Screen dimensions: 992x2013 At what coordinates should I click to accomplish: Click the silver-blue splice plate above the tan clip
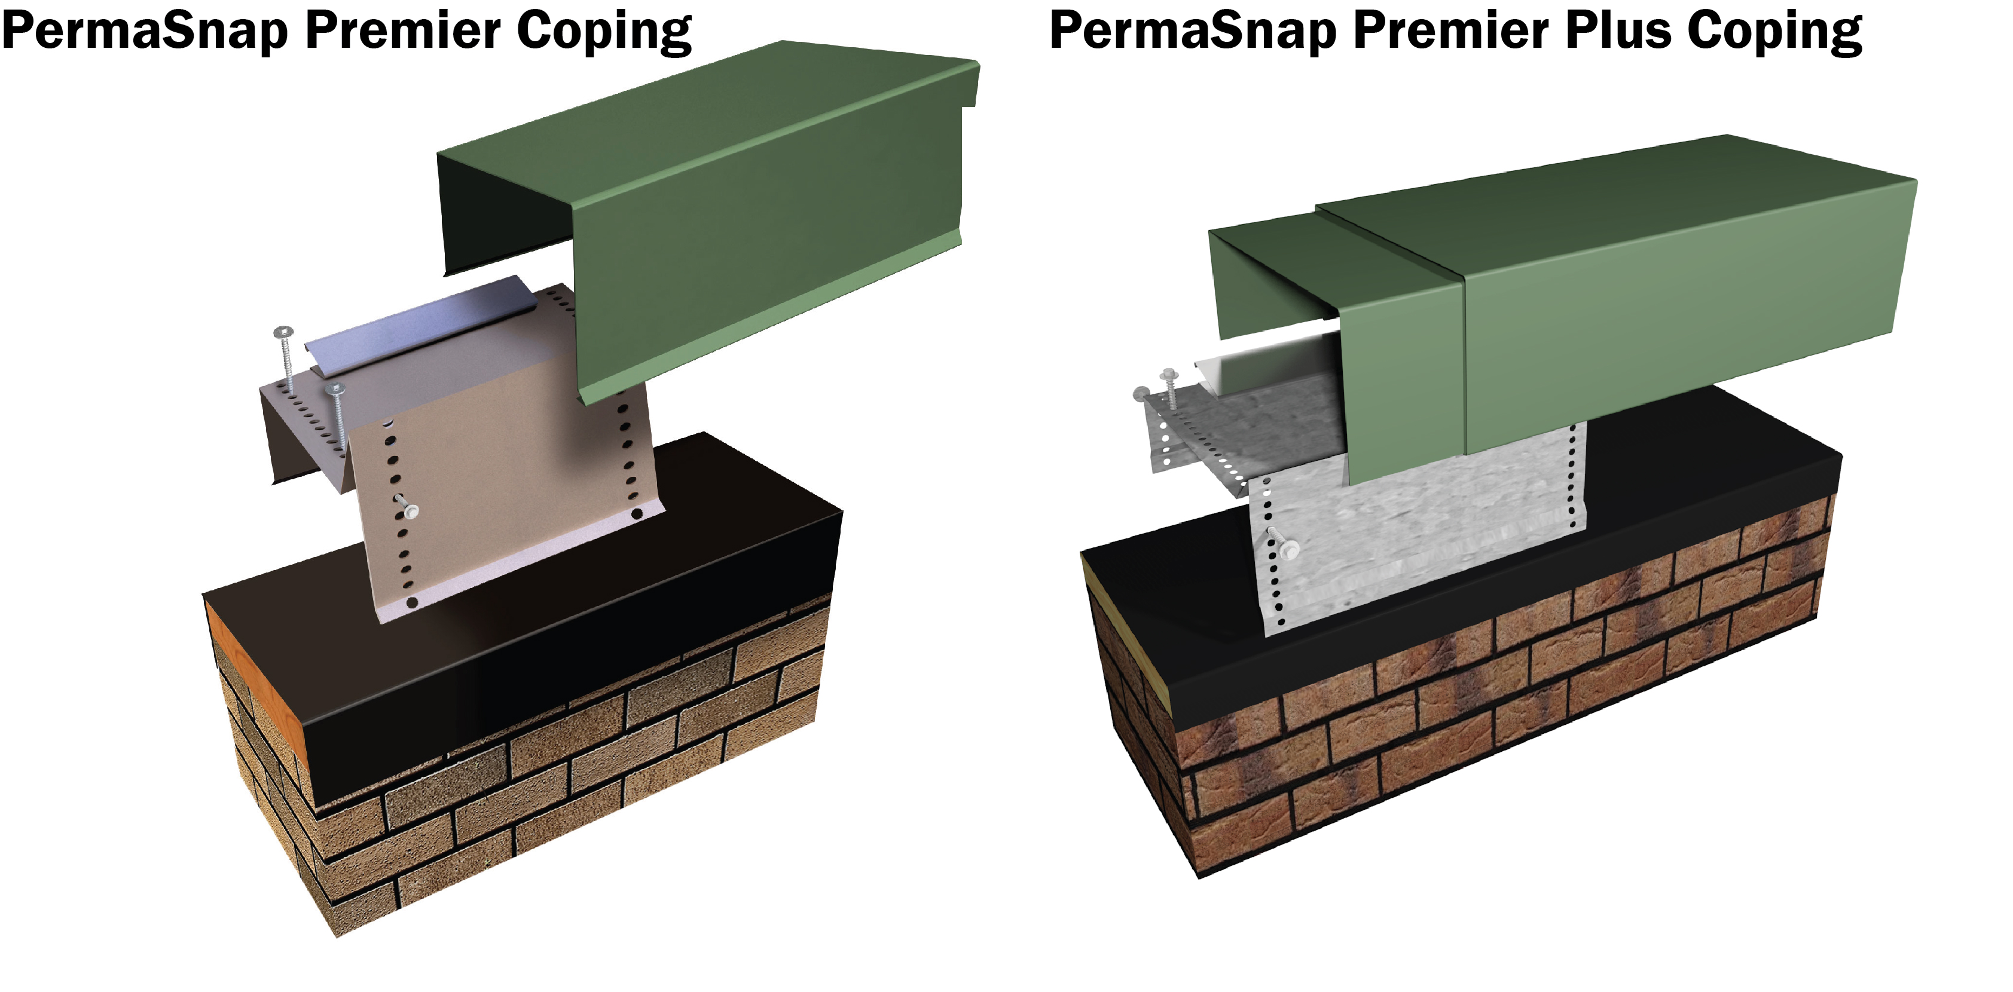pyautogui.click(x=422, y=321)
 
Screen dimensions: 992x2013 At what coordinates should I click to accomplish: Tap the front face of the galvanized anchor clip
pyautogui.click(x=1407, y=531)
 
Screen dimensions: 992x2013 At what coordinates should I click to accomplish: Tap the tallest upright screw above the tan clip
pyautogui.click(x=286, y=359)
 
